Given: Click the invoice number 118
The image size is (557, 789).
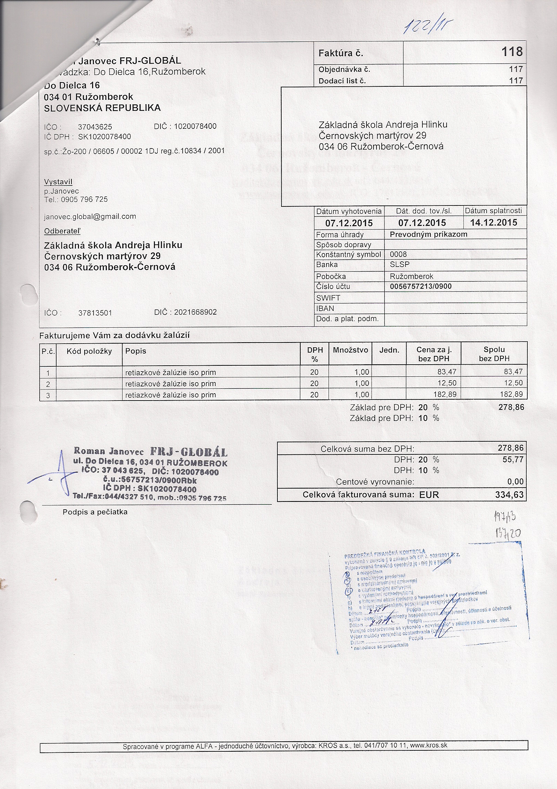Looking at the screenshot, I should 512,52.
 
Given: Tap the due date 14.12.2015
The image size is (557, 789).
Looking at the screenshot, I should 494,222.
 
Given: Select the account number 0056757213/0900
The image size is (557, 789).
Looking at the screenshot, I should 420,286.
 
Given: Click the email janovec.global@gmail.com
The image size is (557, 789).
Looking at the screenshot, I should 90,217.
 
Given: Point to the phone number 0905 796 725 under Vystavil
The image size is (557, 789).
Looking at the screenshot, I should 84,200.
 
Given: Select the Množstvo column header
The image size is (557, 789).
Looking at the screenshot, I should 350,350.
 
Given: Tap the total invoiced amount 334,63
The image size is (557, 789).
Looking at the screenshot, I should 509,495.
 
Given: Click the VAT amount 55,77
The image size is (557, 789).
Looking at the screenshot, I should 513,460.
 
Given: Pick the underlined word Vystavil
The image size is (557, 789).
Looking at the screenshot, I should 58,182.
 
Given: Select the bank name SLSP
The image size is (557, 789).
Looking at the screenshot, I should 399,264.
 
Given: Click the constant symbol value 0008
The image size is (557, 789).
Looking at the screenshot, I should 398,254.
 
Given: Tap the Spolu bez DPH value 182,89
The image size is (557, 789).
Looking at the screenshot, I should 511,394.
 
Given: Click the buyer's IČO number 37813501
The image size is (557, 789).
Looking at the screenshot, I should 95,313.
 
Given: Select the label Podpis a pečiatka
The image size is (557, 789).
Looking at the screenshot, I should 95,512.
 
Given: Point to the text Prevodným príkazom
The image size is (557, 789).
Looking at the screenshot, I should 428,234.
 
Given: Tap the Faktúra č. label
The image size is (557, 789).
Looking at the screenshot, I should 341,53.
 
